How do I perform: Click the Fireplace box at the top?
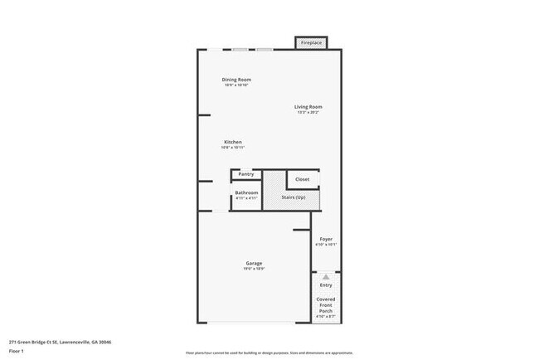[x=312, y=42]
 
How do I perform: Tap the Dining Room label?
[x=236, y=79]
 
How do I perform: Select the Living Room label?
[x=308, y=106]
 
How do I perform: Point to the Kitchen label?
[x=233, y=142]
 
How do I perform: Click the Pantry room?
[x=246, y=174]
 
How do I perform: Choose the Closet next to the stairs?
[x=303, y=179]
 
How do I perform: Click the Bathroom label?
[x=246, y=193]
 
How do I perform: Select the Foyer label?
[x=326, y=239]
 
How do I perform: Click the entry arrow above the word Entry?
[x=326, y=276]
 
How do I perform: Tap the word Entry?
[x=326, y=285]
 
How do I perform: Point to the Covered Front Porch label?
[x=326, y=304]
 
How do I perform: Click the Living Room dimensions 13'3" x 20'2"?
[x=308, y=113]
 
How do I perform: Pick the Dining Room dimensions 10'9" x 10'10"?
[x=236, y=85]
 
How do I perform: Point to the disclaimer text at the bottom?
[x=269, y=352]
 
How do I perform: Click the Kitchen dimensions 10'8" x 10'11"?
[x=233, y=148]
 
